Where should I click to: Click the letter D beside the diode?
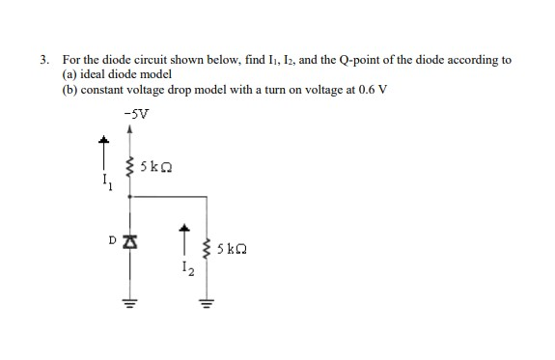113,236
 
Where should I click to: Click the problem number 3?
44,60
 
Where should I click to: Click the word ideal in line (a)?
94,74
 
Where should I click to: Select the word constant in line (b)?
107,89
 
